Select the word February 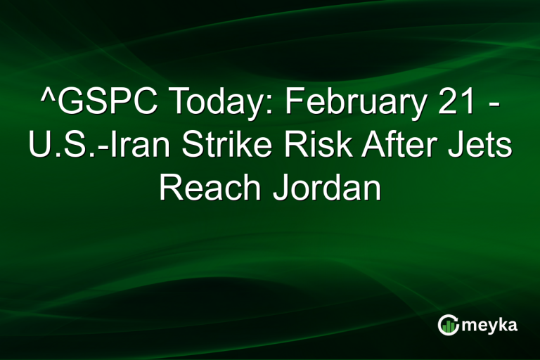point(352,106)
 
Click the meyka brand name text point(489,325)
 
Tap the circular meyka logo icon point(448,324)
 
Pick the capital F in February point(294,106)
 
